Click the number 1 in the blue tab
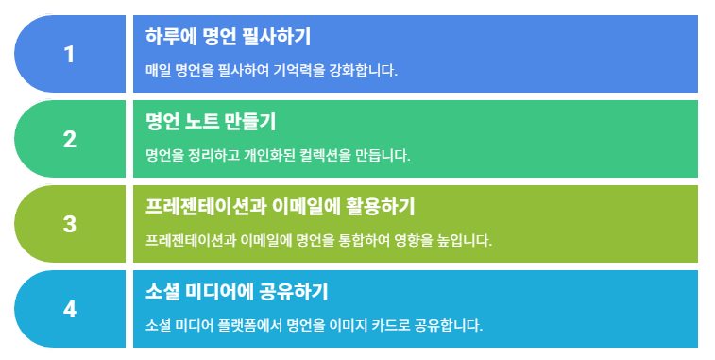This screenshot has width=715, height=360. pos(69,54)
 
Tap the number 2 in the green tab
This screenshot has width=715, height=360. pos(69,140)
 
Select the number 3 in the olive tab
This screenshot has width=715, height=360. pos(69,225)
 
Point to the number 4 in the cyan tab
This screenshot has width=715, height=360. pos(69,310)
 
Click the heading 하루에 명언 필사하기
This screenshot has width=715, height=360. pos(228,37)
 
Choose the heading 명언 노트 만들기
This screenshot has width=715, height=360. pos(211,122)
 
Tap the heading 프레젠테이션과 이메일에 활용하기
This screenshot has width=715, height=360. pos(280,207)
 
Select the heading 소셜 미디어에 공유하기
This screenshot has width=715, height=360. pos(237,292)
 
